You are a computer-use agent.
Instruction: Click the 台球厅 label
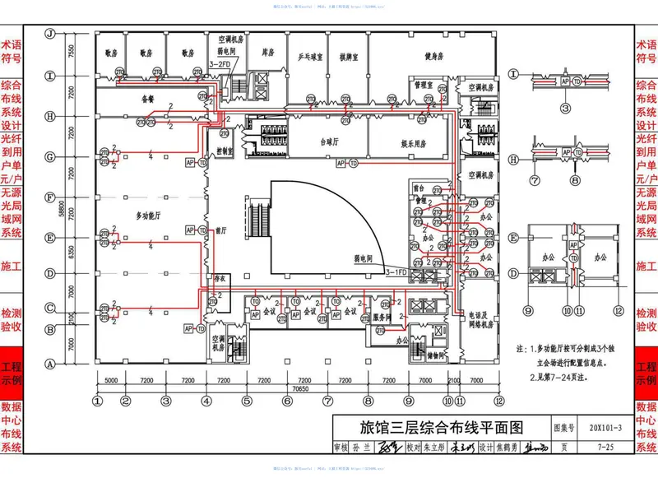point(330,141)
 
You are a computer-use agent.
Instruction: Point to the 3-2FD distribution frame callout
point(220,65)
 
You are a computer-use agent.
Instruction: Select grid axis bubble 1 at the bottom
point(97,401)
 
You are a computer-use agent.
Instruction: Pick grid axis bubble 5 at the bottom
point(246,401)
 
